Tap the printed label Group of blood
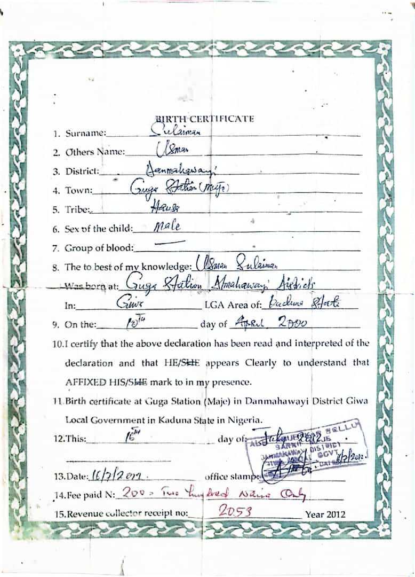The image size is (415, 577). tap(100, 248)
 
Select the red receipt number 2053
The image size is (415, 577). tap(235, 512)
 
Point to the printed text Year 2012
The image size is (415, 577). tap(325, 514)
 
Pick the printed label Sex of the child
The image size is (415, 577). tap(99, 229)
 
